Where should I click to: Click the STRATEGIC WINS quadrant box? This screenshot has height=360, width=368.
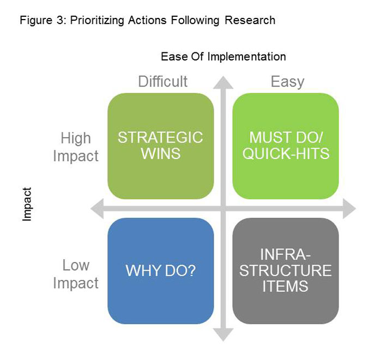[160, 146]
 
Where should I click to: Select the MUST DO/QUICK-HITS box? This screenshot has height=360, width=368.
[286, 146]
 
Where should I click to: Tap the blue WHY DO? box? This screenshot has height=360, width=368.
[160, 271]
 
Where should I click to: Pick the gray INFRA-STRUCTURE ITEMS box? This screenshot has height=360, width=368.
[286, 271]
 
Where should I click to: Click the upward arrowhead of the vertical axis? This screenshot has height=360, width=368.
[223, 82]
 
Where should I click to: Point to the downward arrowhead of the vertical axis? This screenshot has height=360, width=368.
[223, 334]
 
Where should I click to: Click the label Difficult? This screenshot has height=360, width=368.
[162, 82]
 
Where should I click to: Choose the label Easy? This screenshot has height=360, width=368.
[287, 82]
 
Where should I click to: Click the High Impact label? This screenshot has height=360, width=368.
[76, 147]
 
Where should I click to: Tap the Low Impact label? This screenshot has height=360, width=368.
[76, 274]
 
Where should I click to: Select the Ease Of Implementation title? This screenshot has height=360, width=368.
[223, 56]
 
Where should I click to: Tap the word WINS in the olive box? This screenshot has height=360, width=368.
[160, 154]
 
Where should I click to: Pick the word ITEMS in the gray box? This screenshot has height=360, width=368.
[285, 285]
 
